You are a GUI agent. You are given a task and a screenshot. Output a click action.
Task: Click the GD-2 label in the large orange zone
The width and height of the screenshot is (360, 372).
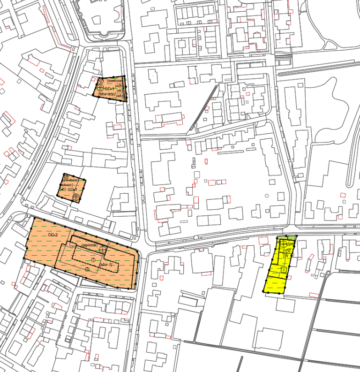[52, 234]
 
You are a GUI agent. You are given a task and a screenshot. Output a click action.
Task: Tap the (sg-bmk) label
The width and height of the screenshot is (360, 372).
[89, 246]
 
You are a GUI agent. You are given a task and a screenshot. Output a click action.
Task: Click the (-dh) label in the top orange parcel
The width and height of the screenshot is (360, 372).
[119, 86]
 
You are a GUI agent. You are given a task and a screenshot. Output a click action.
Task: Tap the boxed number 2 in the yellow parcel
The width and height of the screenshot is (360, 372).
[284, 269]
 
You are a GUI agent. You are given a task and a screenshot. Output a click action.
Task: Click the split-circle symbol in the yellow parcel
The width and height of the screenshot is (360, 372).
[284, 244]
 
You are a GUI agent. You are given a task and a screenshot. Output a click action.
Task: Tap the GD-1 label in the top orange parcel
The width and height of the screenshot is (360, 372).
[109, 89]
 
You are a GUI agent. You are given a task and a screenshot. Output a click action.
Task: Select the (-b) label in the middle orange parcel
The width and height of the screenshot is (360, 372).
[69, 190]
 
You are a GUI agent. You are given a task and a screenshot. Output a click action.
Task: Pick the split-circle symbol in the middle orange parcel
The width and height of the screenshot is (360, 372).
[76, 198]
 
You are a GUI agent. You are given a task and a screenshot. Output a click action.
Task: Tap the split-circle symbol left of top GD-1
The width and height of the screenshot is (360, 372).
[100, 88]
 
